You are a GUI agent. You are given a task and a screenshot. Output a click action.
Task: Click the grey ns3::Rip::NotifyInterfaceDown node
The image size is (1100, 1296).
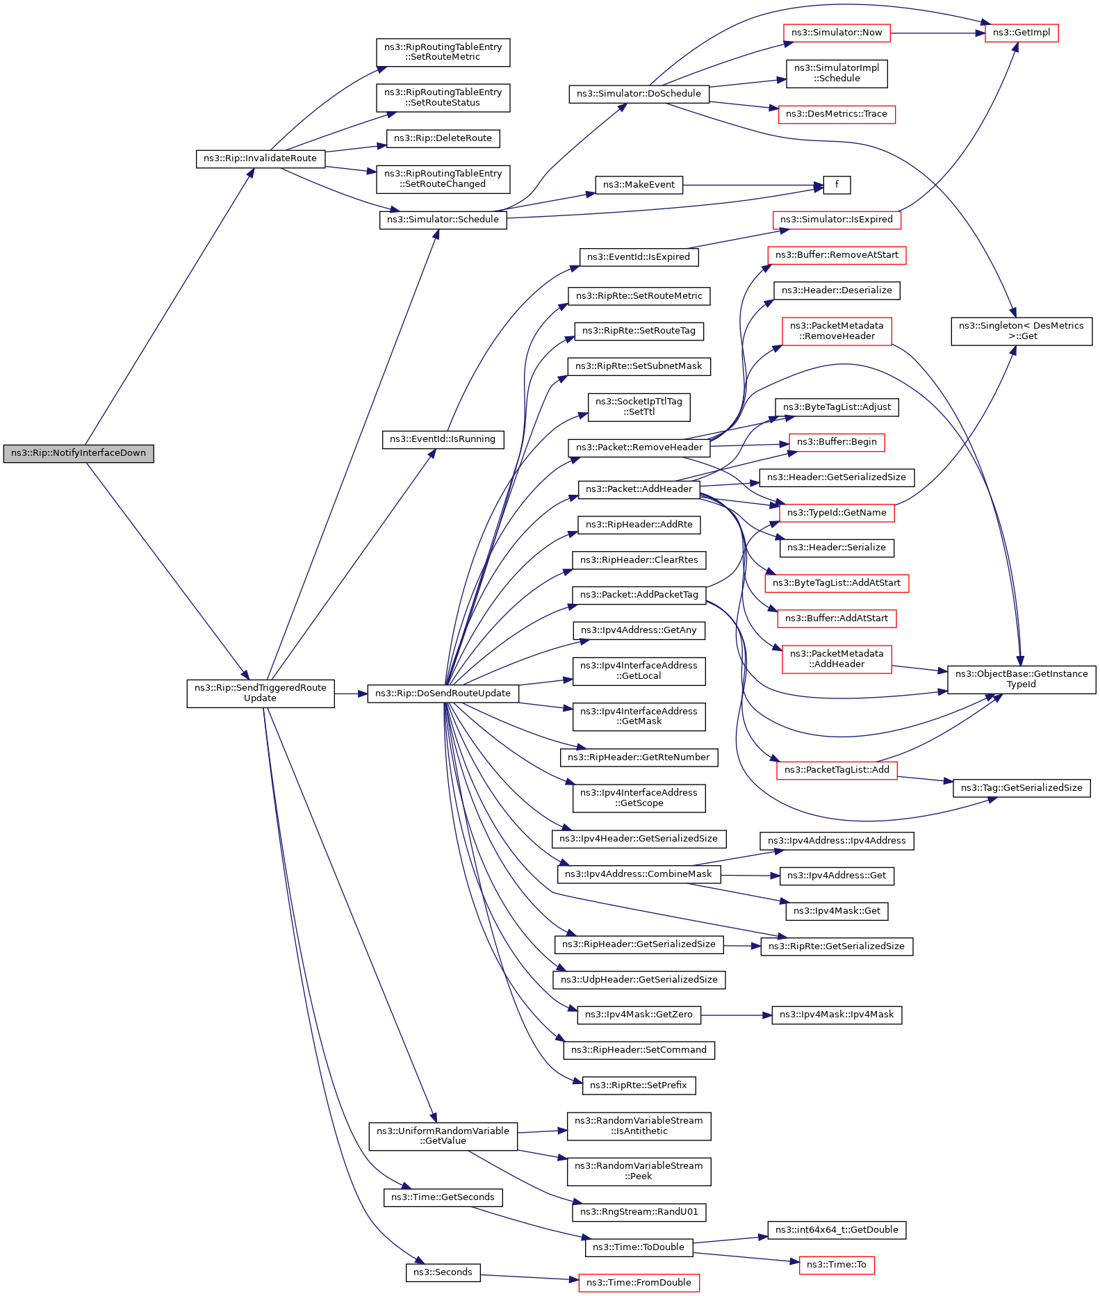79,454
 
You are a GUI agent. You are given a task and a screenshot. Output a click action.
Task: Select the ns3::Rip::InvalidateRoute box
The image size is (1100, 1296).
260,158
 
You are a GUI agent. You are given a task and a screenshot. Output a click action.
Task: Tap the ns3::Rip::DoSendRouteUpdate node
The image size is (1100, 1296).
443,694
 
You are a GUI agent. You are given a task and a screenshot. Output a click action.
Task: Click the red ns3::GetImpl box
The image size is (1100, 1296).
1021,33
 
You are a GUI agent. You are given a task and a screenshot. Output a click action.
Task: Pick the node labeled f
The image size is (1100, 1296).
837,185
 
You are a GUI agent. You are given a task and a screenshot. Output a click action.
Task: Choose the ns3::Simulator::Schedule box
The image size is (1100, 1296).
443,220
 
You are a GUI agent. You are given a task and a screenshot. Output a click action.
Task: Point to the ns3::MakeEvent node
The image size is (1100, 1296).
639,185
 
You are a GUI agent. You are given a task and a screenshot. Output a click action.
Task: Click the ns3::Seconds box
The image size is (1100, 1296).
443,1272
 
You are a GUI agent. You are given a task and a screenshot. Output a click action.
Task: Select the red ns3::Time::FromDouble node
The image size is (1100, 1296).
639,1283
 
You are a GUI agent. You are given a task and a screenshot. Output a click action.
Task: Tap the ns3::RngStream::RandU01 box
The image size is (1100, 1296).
639,1212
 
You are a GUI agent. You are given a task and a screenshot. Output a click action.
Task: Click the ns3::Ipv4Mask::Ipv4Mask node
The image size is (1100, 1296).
837,1015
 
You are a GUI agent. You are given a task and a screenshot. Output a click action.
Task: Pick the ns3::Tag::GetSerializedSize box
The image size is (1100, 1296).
1021,788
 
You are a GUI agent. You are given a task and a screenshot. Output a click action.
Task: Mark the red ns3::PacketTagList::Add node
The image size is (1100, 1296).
837,770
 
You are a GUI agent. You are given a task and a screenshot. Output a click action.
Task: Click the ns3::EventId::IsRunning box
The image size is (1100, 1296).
443,439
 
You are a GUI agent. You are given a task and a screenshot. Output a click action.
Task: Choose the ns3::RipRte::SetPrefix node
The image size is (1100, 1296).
639,1085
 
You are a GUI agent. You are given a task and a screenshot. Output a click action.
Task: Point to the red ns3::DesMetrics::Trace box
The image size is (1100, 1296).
837,114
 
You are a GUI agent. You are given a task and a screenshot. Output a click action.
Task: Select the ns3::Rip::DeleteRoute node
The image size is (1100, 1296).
443,138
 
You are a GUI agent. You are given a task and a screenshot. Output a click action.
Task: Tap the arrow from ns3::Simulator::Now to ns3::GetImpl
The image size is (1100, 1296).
937,33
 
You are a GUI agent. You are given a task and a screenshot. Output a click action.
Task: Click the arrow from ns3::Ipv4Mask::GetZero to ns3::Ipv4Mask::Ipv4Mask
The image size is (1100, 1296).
736,1015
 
